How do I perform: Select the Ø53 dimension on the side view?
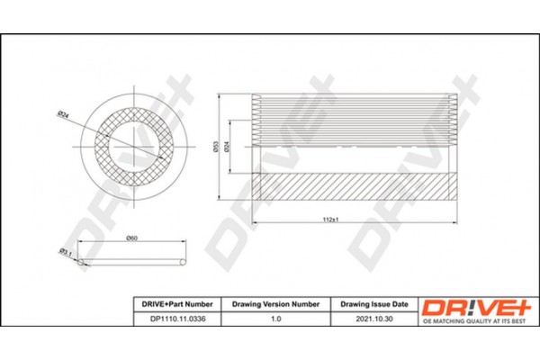point(215,147)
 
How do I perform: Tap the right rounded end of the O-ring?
point(184,262)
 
